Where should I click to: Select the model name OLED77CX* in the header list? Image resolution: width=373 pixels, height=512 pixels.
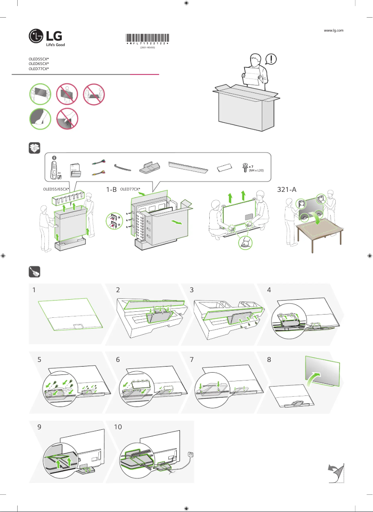coord(39,69)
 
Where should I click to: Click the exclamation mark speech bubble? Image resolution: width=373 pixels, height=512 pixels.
coord(271,59)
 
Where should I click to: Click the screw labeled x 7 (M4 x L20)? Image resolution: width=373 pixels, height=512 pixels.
coord(245,168)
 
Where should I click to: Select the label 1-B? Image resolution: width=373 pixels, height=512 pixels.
coord(112,190)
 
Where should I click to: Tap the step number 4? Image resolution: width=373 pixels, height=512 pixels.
coord(269,290)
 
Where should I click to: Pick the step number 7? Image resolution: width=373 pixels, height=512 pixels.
coord(192,359)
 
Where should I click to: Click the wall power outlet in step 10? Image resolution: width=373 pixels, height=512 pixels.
coord(190,453)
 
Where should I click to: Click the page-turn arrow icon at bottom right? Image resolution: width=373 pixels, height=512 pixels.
coord(335,473)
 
